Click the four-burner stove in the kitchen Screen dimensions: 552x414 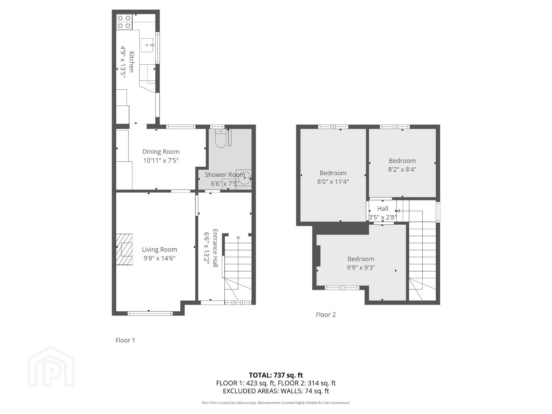click(124, 22)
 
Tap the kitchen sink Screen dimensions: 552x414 click(147, 45)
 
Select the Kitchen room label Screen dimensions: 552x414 click(131, 62)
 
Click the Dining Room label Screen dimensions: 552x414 click(161, 151)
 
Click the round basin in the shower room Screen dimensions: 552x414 click(245, 178)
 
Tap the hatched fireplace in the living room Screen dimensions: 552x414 click(124, 249)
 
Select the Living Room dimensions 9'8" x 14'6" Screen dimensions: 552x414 click(160, 258)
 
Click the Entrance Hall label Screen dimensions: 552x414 click(215, 248)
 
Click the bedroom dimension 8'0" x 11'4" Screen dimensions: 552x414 click(333, 182)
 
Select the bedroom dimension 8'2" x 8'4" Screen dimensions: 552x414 click(402, 169)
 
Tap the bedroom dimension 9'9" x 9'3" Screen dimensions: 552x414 click(361, 268)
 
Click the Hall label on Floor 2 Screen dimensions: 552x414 click(382, 209)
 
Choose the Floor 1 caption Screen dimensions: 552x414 click(125, 340)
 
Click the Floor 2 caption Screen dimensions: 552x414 click(326, 314)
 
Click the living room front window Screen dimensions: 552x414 click(150, 313)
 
